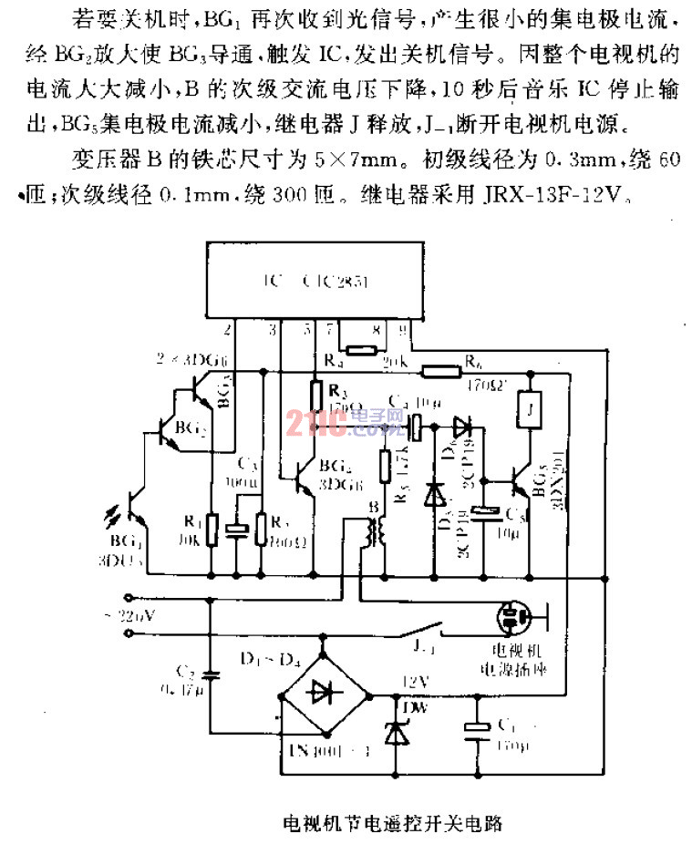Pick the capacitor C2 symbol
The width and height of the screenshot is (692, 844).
212,674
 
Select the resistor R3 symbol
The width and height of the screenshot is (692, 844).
315,394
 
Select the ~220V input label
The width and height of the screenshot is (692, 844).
135,615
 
